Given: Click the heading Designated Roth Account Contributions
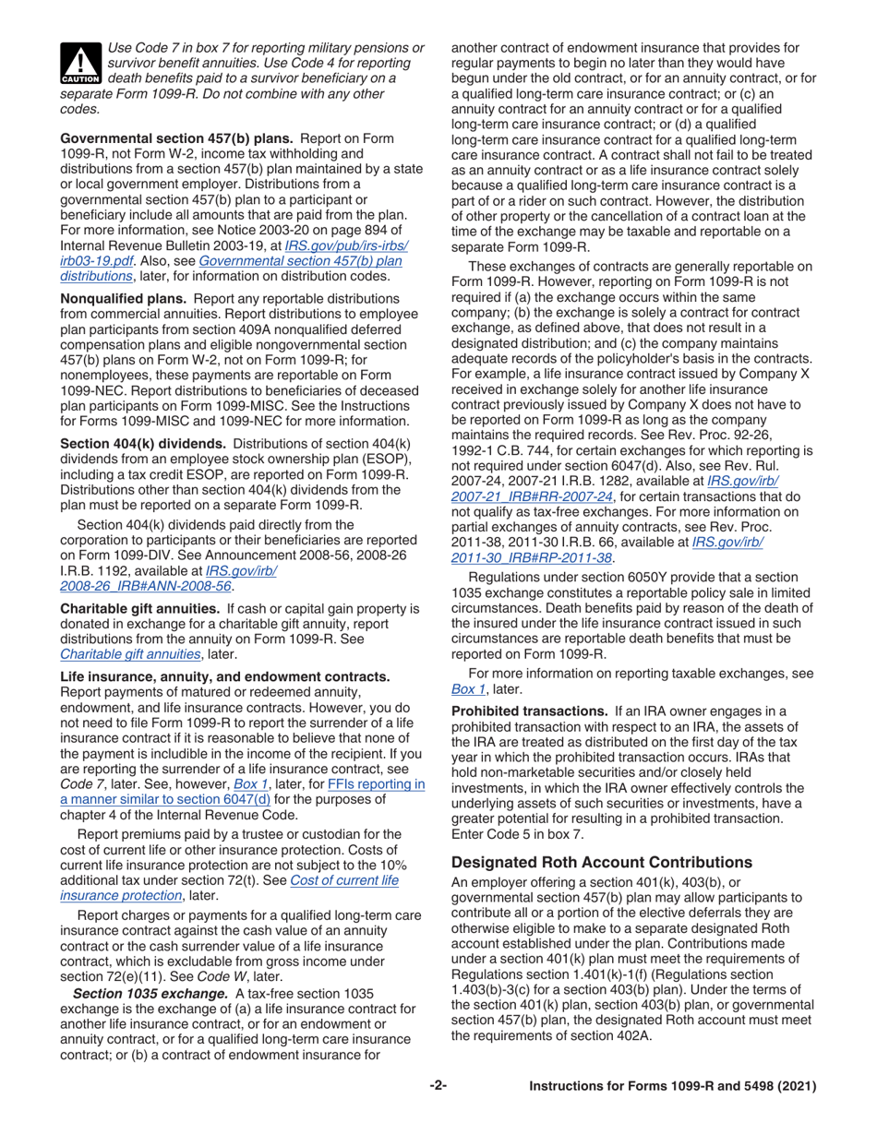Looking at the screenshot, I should click(602, 863).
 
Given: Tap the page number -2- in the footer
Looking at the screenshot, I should click(438, 1086).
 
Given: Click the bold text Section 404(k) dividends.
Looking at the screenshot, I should click(143, 443).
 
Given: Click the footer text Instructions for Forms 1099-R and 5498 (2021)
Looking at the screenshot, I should click(673, 1086).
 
